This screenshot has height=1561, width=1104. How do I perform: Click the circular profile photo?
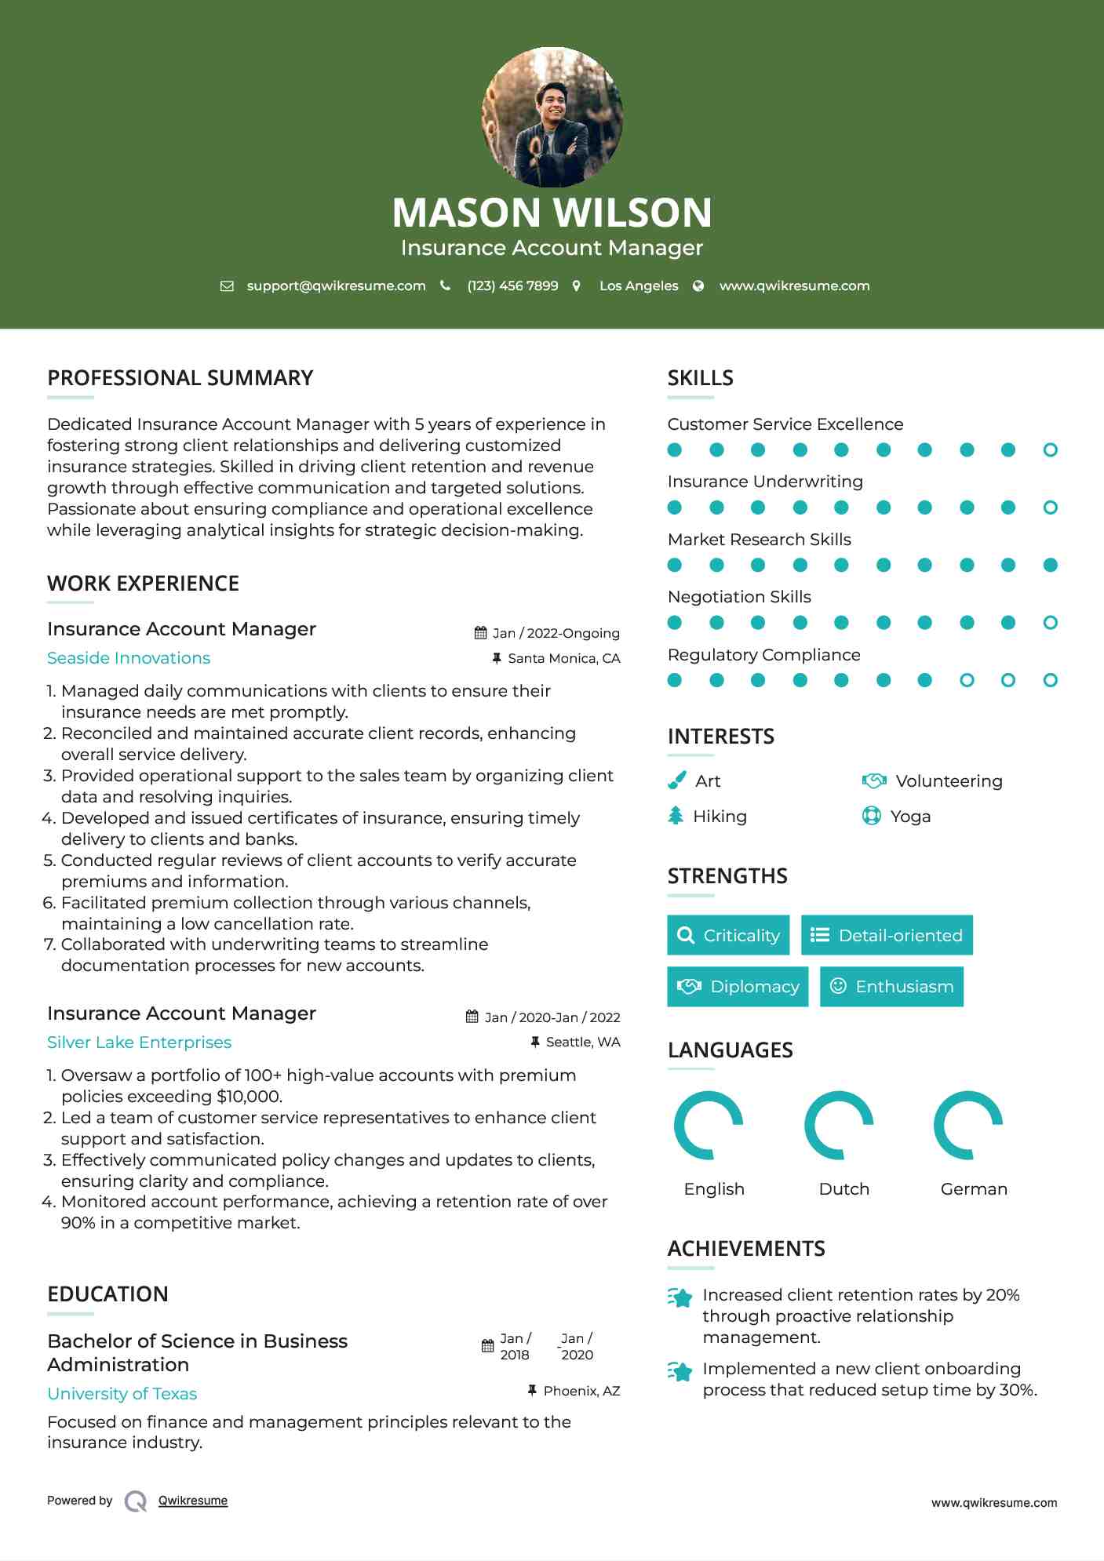552,117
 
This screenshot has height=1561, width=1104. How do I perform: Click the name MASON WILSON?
552,213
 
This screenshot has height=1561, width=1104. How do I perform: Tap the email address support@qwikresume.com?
336,286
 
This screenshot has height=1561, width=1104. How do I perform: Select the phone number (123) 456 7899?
512,286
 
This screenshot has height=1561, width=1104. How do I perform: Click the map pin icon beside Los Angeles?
577,286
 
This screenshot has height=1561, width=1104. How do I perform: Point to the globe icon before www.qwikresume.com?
698,286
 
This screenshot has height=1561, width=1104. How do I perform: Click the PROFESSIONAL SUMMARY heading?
180,378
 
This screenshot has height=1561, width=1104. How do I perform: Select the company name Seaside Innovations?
129,658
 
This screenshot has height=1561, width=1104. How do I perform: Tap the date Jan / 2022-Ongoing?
556,633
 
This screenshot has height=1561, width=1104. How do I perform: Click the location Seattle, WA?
582,1042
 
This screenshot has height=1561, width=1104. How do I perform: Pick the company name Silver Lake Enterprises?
139,1042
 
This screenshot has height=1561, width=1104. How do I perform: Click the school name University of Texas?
122,1394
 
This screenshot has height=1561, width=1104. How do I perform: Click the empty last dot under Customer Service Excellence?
1050,450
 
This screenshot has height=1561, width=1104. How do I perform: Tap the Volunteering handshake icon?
873,780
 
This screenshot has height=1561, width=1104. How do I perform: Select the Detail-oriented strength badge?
887,935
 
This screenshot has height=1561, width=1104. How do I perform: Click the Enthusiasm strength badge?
891,987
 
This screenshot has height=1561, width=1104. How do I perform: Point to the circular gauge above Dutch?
839,1125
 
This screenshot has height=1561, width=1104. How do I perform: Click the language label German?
973,1189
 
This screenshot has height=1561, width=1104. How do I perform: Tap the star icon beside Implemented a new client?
680,1371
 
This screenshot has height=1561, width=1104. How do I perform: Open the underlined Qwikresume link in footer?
193,1501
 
